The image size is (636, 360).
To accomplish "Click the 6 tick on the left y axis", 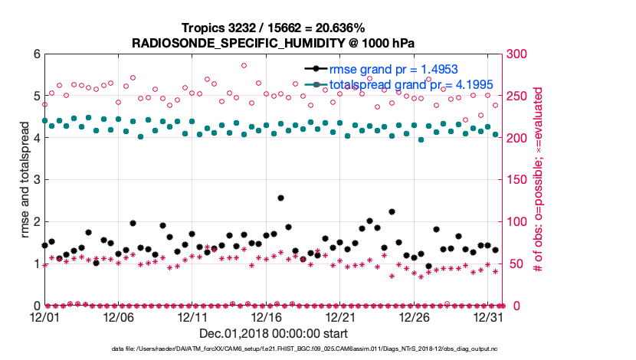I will pos(36,54).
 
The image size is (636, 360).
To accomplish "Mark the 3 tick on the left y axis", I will pos(36,180).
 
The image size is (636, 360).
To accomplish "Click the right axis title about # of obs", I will pos(539,180).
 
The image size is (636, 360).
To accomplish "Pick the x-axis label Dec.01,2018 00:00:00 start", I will pos(273,333).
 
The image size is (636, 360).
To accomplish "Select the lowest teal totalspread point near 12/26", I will pos(421,139).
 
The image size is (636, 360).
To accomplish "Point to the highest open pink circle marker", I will pos(244,65).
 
